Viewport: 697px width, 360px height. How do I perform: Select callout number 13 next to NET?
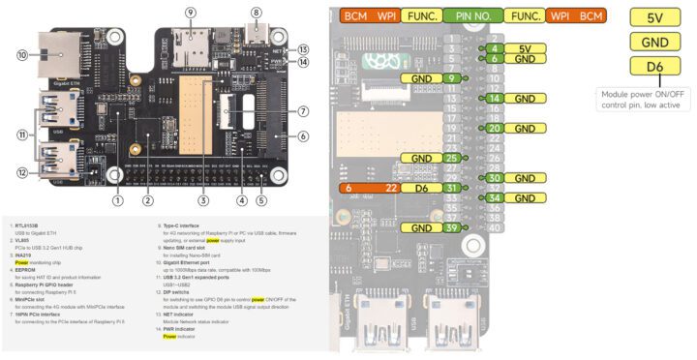[x=303, y=49]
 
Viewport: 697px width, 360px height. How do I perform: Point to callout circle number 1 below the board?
[x=117, y=201]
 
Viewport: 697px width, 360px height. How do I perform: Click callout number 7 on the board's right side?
[x=303, y=111]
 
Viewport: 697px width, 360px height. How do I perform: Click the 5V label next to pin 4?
[x=524, y=47]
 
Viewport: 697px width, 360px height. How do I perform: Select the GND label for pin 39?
[x=421, y=227]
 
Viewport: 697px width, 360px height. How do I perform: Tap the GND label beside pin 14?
[x=524, y=99]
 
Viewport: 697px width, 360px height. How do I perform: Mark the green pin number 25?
[x=452, y=158]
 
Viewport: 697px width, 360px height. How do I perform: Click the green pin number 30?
[x=494, y=178]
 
